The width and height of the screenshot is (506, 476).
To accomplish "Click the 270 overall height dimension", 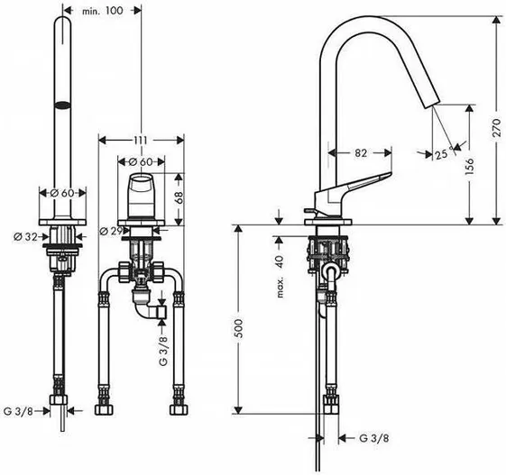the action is click(x=497, y=128).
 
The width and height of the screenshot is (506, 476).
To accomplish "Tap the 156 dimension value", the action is click(x=470, y=166).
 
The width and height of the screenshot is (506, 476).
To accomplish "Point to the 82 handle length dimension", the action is click(x=361, y=152).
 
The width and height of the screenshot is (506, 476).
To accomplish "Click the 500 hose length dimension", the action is click(x=238, y=328).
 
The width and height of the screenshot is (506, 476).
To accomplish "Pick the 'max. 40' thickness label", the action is click(x=280, y=277).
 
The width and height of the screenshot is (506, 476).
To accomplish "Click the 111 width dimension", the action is click(x=141, y=141).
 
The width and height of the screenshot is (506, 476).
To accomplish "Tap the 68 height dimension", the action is click(x=179, y=197).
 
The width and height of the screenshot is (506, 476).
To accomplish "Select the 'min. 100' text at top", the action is click(x=103, y=11).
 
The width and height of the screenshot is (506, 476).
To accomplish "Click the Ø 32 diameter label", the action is click(x=25, y=237).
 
